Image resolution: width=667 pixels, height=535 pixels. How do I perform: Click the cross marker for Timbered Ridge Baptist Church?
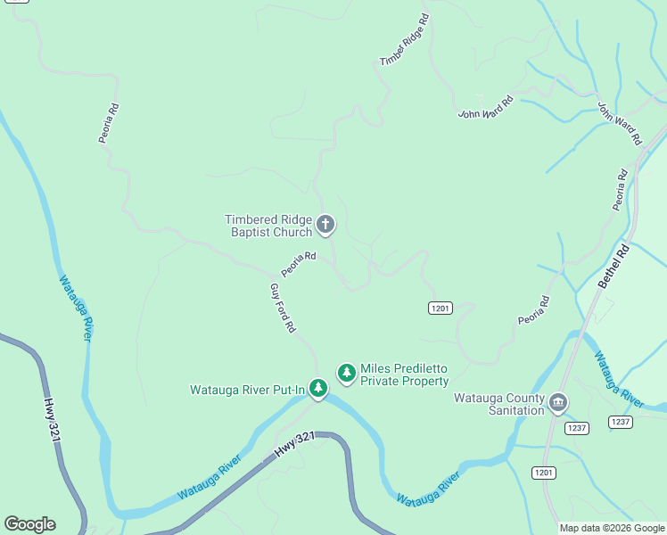[325, 224]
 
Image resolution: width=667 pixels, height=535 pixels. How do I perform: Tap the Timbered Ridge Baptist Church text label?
[268, 226]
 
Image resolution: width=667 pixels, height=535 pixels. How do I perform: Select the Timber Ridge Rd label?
[405, 40]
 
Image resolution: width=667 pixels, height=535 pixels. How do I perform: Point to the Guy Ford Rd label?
[283, 309]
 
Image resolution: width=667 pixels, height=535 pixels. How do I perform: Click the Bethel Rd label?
[613, 267]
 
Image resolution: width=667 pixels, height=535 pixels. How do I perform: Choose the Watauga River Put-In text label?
[247, 389]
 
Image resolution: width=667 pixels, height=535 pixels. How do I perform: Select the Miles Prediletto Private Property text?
[404, 375]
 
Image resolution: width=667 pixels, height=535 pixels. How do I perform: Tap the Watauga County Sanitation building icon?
[558, 402]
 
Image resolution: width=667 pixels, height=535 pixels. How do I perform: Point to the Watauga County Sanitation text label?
[498, 404]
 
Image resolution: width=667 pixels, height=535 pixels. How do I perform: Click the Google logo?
[29, 524]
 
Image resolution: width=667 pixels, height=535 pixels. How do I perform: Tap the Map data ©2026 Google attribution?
[612, 528]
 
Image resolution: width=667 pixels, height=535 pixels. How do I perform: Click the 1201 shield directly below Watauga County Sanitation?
[544, 471]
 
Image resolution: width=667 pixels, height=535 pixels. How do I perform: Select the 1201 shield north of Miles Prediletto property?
[440, 308]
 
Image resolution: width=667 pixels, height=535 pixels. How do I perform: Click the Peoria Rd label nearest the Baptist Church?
[299, 263]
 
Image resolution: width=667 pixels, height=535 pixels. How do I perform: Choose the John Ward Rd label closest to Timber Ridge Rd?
[486, 108]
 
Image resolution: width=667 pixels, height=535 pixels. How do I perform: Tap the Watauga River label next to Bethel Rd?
[618, 379]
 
